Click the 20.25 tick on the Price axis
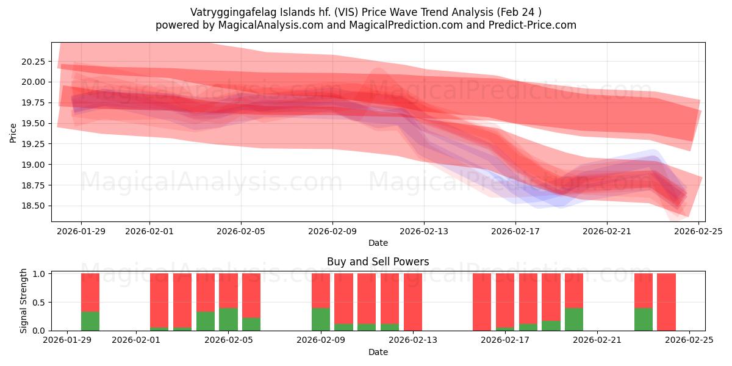coord(34,62)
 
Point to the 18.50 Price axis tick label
coord(34,206)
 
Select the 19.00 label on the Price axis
coord(34,165)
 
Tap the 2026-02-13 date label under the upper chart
coord(424,231)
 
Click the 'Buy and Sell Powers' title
coord(378,262)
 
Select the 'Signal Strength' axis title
coord(24,301)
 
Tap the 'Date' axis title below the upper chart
coord(378,243)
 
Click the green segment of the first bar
coord(90,321)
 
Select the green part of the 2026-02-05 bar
coord(228,319)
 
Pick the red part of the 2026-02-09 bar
coord(321,290)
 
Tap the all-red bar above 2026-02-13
coord(413,302)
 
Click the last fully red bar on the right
coord(666,302)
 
